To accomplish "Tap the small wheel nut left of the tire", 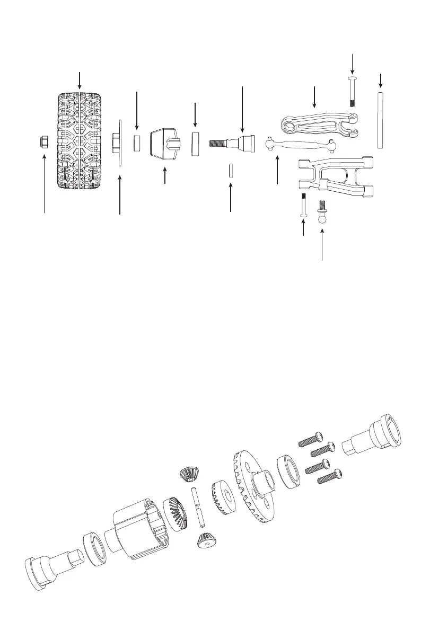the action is [44, 141].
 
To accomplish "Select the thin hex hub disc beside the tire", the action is [120, 143].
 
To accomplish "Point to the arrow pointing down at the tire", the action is [80, 79].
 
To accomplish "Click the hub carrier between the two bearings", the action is [164, 143].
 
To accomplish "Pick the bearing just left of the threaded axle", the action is [196, 143].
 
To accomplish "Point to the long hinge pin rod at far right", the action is [380, 120].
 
